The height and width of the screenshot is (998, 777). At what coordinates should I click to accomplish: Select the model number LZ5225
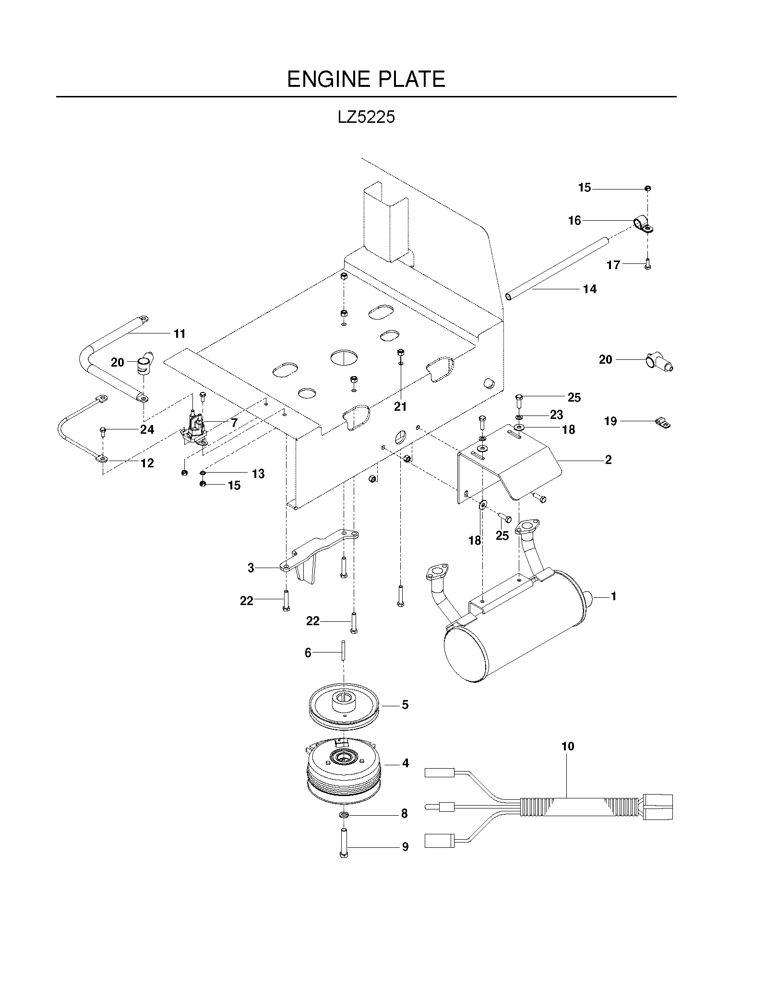(366, 118)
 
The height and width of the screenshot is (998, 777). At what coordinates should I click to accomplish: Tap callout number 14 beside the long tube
(590, 289)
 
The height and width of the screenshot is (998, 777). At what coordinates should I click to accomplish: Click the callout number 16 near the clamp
(574, 220)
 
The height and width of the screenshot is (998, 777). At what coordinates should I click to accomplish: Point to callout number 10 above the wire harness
(568, 746)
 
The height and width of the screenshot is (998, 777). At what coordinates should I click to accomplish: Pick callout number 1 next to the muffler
(613, 596)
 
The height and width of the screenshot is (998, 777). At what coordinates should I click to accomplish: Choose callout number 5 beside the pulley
(405, 705)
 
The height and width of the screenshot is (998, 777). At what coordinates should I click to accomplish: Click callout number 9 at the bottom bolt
(405, 847)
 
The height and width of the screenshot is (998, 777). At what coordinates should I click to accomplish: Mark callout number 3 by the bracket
(251, 568)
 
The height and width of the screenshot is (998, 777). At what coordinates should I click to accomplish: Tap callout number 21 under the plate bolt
(400, 406)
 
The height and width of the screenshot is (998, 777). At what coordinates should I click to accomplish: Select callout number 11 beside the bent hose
(179, 333)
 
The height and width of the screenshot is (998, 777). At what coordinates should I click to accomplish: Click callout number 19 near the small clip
(610, 421)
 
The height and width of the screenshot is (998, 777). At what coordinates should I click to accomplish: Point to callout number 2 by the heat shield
(609, 460)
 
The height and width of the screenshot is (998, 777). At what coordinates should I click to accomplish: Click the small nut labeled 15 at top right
(647, 188)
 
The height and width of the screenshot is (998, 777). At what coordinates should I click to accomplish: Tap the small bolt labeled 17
(647, 264)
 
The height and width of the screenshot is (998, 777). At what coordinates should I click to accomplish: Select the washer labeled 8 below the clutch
(344, 814)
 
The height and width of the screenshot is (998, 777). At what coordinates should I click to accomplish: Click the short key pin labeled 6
(344, 651)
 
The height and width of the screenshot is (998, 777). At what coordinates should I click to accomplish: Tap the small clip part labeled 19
(663, 423)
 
